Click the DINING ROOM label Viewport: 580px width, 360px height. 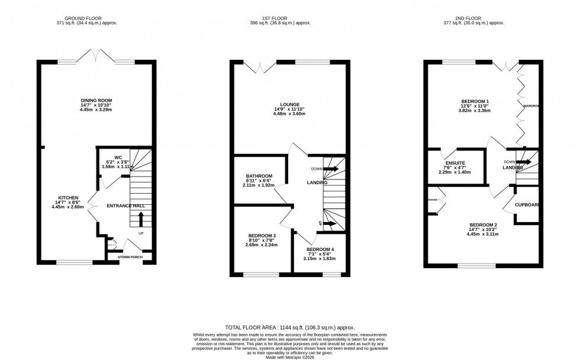(96, 100)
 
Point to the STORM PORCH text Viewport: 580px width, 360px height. (128, 257)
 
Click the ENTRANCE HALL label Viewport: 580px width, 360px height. (125, 206)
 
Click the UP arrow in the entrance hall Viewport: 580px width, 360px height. (140, 221)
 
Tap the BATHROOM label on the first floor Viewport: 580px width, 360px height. (259, 176)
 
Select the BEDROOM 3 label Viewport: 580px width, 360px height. (262, 236)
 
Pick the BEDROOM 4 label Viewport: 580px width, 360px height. (320, 249)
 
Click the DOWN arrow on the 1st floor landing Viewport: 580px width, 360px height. (330, 169)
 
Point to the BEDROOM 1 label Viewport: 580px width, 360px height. (476, 101)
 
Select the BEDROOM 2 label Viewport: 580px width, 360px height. (483, 225)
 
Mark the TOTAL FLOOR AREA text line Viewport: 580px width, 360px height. (290, 327)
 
